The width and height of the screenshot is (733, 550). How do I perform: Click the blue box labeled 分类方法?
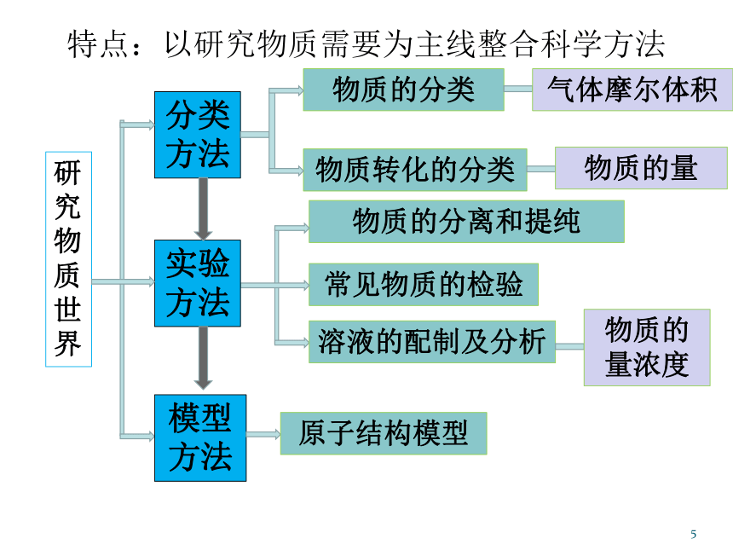[x=198, y=135]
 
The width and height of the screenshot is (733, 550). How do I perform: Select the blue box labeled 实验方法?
[x=198, y=283]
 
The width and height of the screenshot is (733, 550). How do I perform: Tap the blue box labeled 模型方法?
[x=200, y=437]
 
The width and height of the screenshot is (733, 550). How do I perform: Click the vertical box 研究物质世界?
[x=69, y=259]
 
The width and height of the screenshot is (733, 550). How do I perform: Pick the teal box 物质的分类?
[x=403, y=90]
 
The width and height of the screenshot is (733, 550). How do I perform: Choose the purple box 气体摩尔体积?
[x=632, y=90]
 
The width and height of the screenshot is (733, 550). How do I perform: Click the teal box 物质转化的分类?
[x=415, y=170]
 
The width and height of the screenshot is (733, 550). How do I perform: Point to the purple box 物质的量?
[x=641, y=168]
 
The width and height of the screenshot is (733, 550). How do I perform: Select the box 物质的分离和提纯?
[x=466, y=222]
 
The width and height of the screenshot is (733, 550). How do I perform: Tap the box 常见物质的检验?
[x=424, y=284]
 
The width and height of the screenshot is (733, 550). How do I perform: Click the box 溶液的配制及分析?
[x=432, y=342]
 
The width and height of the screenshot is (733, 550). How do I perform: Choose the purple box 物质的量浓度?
[x=647, y=348]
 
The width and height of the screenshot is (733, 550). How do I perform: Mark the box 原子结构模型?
[x=384, y=433]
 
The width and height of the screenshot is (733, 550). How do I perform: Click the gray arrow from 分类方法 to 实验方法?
[x=203, y=209]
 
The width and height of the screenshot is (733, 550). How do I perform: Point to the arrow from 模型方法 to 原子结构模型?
[x=263, y=435]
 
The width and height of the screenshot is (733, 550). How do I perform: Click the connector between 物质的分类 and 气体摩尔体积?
[x=518, y=89]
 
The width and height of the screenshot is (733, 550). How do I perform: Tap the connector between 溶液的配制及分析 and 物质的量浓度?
[x=570, y=346]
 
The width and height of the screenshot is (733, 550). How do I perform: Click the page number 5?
[x=693, y=534]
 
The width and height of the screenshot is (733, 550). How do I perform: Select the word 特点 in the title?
[x=98, y=45]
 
